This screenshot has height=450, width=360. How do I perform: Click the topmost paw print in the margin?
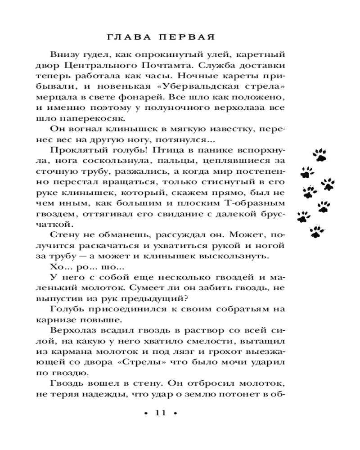point(320,155)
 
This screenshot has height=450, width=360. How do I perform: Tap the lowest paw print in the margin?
point(317,232)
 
